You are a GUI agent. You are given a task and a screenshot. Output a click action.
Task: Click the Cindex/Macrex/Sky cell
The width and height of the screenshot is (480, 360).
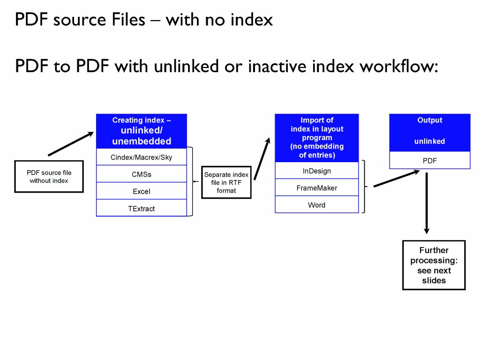pos(141,157)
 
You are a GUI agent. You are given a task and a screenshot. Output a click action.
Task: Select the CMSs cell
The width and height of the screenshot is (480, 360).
pos(141,174)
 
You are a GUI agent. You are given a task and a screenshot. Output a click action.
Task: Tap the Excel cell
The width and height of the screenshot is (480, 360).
pos(141,191)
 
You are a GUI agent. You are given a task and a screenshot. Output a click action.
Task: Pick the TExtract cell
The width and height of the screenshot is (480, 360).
pos(141,208)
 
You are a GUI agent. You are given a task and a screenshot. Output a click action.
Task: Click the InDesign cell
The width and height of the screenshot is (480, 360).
pos(316,171)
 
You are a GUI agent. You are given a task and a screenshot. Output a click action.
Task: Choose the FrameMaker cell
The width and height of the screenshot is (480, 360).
pos(316,187)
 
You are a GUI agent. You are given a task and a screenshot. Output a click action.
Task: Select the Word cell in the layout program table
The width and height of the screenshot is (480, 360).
pos(316,205)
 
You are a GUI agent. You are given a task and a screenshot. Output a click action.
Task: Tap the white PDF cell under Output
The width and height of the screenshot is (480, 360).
pos(429,160)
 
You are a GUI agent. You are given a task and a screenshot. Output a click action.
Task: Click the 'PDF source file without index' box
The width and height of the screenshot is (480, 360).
pos(49,176)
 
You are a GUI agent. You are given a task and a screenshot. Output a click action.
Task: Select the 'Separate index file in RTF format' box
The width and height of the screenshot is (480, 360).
pos(226,182)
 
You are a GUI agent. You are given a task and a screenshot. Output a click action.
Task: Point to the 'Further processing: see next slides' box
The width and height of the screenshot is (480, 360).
pos(434,265)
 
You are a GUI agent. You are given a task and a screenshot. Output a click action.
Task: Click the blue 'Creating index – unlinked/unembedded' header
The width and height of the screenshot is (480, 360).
pos(141,131)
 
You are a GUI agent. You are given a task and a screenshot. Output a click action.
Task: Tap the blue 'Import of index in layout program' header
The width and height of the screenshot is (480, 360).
pos(316,137)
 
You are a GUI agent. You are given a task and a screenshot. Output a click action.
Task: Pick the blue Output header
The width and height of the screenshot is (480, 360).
pos(429,132)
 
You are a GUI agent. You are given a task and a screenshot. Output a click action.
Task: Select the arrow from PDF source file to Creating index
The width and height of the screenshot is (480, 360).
pos(71,143)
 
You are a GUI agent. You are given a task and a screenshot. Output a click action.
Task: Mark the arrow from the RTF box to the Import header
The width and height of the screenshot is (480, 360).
pos(262,159)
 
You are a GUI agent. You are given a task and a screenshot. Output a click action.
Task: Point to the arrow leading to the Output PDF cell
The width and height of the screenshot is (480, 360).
pos(397,179)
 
